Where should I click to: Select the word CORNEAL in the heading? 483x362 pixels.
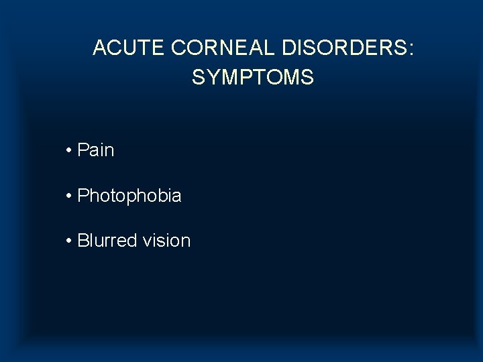point(224,48)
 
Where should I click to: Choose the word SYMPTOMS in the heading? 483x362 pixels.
point(252,78)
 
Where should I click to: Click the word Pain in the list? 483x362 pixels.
point(96,150)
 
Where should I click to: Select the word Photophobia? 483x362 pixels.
point(129,196)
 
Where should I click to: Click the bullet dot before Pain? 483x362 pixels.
point(69,151)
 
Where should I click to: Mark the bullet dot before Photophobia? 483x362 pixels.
point(69,196)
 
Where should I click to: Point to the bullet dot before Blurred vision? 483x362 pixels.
point(69,241)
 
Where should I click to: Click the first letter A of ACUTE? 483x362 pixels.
point(99,48)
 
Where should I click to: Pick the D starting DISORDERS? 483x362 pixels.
point(288,48)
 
